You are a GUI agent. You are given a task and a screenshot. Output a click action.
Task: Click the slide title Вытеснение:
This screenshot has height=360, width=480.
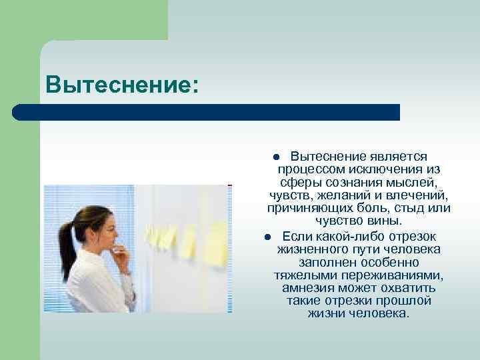(x=122, y=85)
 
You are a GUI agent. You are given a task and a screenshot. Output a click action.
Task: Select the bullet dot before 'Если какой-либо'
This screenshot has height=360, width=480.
(x=265, y=237)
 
